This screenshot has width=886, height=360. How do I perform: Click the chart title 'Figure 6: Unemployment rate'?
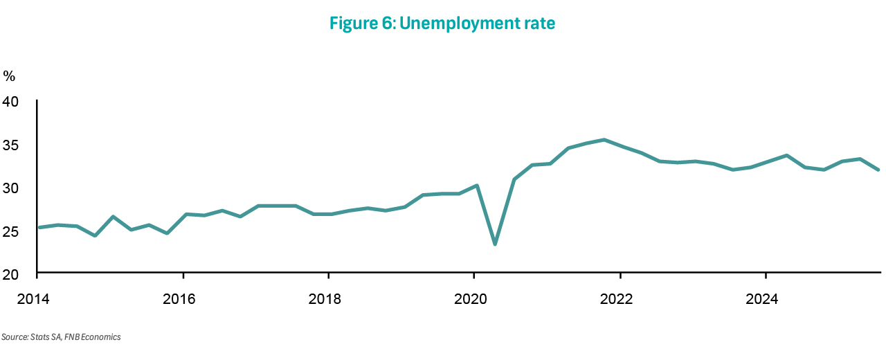(442, 24)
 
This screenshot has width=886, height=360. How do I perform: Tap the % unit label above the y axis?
(9, 76)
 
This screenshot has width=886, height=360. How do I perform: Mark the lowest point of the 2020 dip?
(495, 244)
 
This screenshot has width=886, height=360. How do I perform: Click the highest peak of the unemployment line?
(604, 140)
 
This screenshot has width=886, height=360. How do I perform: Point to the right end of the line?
(878, 170)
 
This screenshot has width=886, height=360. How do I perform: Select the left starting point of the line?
(37, 227)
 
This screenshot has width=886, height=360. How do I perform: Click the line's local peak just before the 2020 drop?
(477, 186)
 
